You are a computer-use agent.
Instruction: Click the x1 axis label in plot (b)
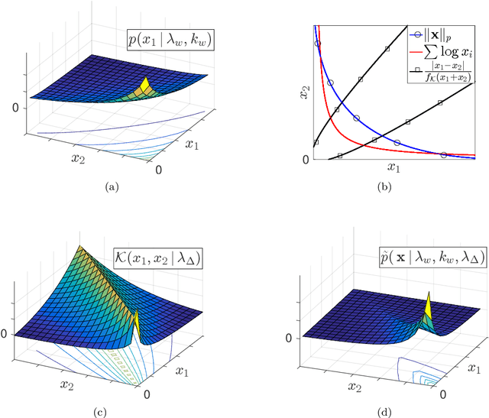(x=393, y=168)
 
